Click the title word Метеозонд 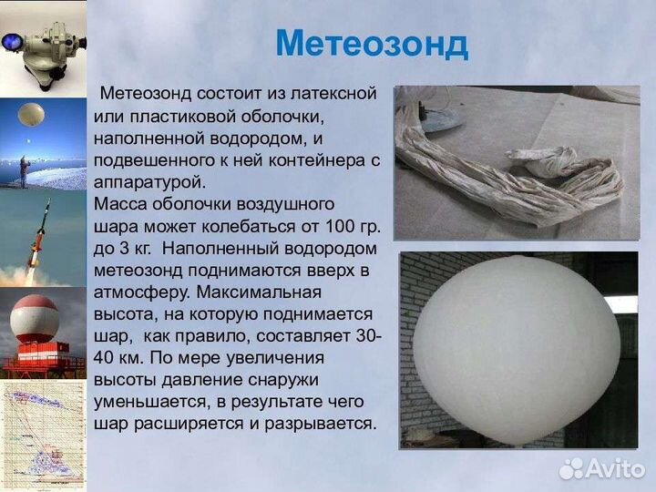pos(371,43)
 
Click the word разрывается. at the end pos(323,424)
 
